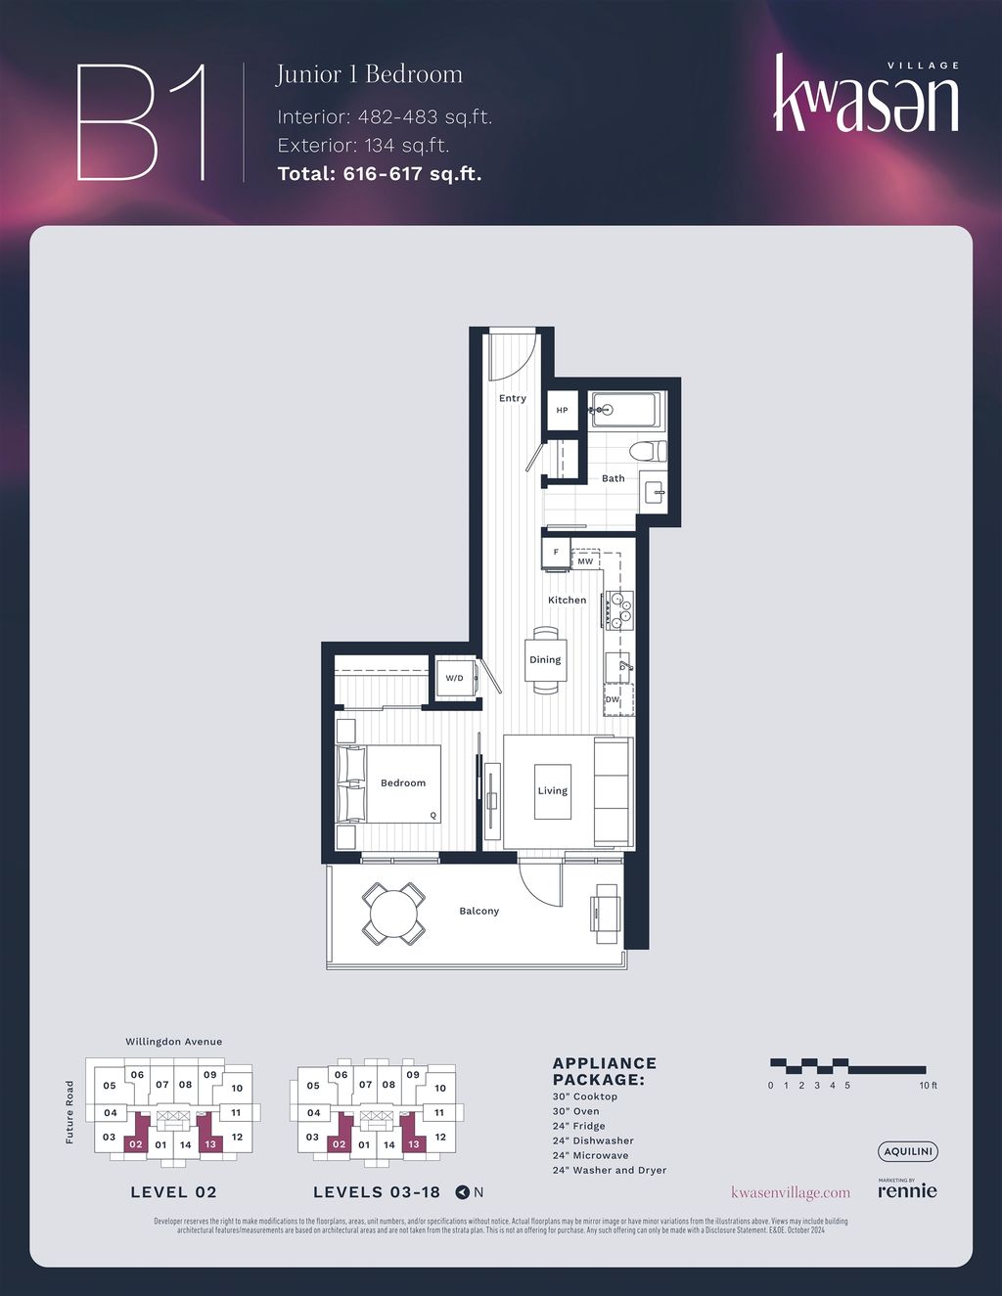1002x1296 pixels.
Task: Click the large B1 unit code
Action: (142, 122)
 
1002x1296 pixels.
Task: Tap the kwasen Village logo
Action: (866, 95)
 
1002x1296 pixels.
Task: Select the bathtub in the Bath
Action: (628, 410)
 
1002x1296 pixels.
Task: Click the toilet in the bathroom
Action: (647, 452)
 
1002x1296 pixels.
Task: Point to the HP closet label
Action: (563, 411)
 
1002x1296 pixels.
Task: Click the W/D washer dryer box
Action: (455, 678)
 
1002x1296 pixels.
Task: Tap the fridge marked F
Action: (557, 553)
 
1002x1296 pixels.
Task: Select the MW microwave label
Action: (585, 561)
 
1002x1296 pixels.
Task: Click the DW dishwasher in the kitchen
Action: (613, 700)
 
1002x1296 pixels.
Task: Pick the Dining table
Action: (545, 660)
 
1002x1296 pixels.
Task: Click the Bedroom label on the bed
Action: (403, 782)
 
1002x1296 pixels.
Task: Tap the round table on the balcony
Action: (393, 914)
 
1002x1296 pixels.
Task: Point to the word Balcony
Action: (479, 911)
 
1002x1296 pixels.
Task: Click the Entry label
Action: (513, 398)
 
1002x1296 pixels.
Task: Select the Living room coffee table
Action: (552, 790)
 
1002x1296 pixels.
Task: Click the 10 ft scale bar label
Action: (928, 1086)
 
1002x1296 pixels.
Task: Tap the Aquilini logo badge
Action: (907, 1152)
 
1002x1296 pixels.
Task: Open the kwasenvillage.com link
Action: (791, 1192)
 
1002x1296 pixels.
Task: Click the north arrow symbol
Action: (463, 1192)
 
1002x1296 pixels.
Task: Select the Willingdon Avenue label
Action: (173, 1042)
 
